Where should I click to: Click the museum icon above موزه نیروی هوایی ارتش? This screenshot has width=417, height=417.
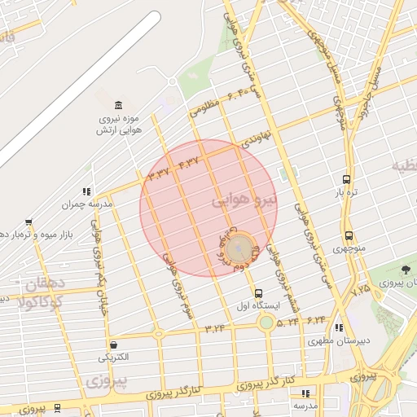click(x=119, y=106)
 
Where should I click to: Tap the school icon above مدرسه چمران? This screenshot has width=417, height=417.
click(x=86, y=191)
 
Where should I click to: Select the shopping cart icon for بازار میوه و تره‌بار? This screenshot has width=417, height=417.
click(x=29, y=222)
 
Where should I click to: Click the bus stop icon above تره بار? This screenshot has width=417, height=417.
click(x=348, y=179)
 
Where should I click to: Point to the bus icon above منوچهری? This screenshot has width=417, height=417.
click(x=349, y=236)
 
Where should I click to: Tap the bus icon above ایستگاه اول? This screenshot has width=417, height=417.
click(x=258, y=293)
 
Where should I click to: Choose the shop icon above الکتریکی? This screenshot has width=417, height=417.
click(x=112, y=345)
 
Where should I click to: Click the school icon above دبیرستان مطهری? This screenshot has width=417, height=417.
click(x=338, y=328)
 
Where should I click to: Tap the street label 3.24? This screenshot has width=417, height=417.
click(x=216, y=328)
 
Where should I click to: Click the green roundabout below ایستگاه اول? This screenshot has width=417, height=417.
click(x=266, y=323)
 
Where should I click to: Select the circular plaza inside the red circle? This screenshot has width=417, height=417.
click(x=239, y=247)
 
